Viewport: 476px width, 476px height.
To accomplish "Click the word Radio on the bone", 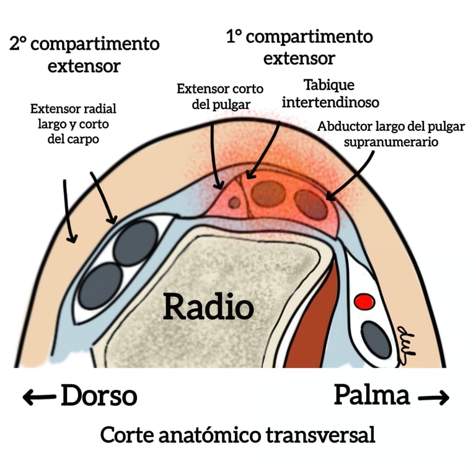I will [208, 307].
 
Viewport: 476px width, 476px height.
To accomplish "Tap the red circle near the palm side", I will [363, 302].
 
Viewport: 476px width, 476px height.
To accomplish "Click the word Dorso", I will [99, 395].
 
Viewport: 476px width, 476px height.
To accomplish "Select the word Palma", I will [372, 395].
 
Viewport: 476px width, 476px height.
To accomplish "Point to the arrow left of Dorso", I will [38, 397].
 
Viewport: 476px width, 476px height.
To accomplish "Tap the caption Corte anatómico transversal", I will [237, 435].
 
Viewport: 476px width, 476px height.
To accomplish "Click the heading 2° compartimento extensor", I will [84, 55].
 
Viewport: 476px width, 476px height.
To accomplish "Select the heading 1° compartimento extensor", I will [299, 47].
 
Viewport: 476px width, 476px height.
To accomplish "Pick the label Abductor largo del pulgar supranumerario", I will [391, 134].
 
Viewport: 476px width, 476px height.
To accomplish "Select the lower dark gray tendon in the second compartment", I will [102, 284].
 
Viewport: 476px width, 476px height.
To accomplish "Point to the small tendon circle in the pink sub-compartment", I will [234, 202].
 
